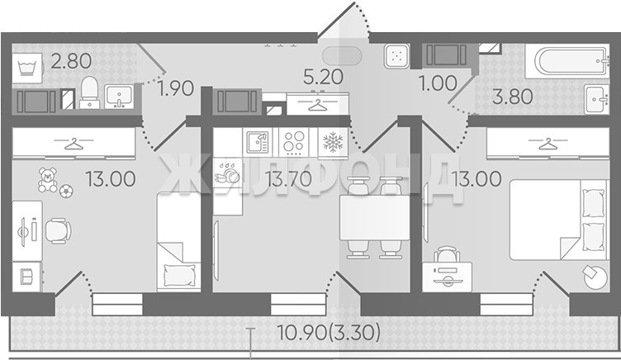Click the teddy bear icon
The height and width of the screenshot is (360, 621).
pos(48,180)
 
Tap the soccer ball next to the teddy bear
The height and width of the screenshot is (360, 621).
pos(66,192)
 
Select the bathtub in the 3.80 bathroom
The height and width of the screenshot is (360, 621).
pos(567,61)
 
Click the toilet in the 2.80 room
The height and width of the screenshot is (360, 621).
pos(89,92)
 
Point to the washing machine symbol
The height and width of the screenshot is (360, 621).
pos(27,68)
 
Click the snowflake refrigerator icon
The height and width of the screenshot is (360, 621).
pos(333,142)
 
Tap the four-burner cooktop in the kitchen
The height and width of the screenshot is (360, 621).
pos(294,142)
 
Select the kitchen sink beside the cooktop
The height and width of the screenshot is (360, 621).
pos(258,142)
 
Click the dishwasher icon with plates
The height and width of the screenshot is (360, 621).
pos(227,173)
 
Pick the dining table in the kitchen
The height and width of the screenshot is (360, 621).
pos(374,218)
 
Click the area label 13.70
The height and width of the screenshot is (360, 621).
pos(289,179)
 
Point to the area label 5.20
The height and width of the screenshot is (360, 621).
pos(323,77)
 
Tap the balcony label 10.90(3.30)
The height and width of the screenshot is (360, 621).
pos(329,332)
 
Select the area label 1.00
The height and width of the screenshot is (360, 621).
pos(438,83)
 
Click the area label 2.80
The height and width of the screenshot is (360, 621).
pos(71,61)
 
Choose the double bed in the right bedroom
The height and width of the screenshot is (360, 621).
pos(558,220)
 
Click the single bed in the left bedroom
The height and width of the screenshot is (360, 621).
pos(179,242)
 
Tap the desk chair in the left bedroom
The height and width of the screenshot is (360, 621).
pos(58,230)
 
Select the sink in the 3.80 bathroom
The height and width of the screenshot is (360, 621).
pos(597,99)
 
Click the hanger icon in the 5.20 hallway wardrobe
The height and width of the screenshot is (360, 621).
pos(318,104)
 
